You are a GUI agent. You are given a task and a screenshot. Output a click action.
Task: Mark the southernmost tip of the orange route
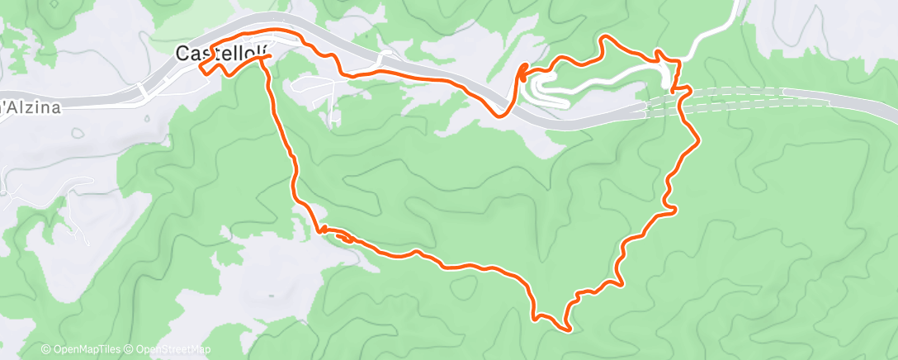[x=569, y=330]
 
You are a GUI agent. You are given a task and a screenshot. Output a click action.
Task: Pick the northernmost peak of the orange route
[x=607, y=37]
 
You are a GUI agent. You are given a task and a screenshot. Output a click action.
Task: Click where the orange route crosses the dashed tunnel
[x=682, y=97]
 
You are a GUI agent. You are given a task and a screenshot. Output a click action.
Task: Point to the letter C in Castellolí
[x=182, y=54]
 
